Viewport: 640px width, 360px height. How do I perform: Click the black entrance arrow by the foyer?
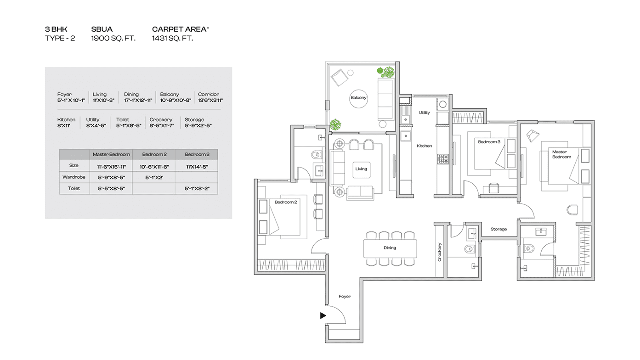click(x=323, y=315)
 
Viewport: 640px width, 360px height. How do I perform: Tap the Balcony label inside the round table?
click(x=358, y=98)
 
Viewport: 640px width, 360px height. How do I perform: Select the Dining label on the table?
click(x=390, y=248)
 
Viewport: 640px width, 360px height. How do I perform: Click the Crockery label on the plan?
click(x=439, y=252)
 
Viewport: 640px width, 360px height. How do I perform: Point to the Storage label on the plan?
click(x=498, y=229)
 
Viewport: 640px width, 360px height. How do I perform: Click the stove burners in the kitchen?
click(x=443, y=159)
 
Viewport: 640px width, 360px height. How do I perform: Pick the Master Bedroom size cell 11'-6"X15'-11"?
click(x=111, y=167)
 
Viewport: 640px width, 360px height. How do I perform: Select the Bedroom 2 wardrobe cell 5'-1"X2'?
click(x=154, y=177)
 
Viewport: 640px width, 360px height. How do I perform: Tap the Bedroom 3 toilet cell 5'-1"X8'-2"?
click(x=197, y=188)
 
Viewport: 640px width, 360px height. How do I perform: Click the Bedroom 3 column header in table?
click(x=197, y=154)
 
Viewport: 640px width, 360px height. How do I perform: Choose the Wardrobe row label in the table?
click(x=74, y=177)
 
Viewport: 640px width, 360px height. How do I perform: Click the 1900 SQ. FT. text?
click(x=113, y=38)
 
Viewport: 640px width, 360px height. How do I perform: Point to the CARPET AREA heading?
click(x=179, y=29)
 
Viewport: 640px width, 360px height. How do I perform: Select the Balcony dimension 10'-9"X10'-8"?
click(x=176, y=100)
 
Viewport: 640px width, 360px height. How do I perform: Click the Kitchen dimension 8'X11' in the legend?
click(x=63, y=126)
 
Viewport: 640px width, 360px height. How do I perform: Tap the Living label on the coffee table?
click(x=361, y=169)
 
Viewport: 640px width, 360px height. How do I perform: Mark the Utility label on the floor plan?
click(x=424, y=112)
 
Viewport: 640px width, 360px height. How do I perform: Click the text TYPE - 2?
click(x=60, y=38)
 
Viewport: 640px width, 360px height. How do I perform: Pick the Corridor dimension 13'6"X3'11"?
click(x=210, y=100)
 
